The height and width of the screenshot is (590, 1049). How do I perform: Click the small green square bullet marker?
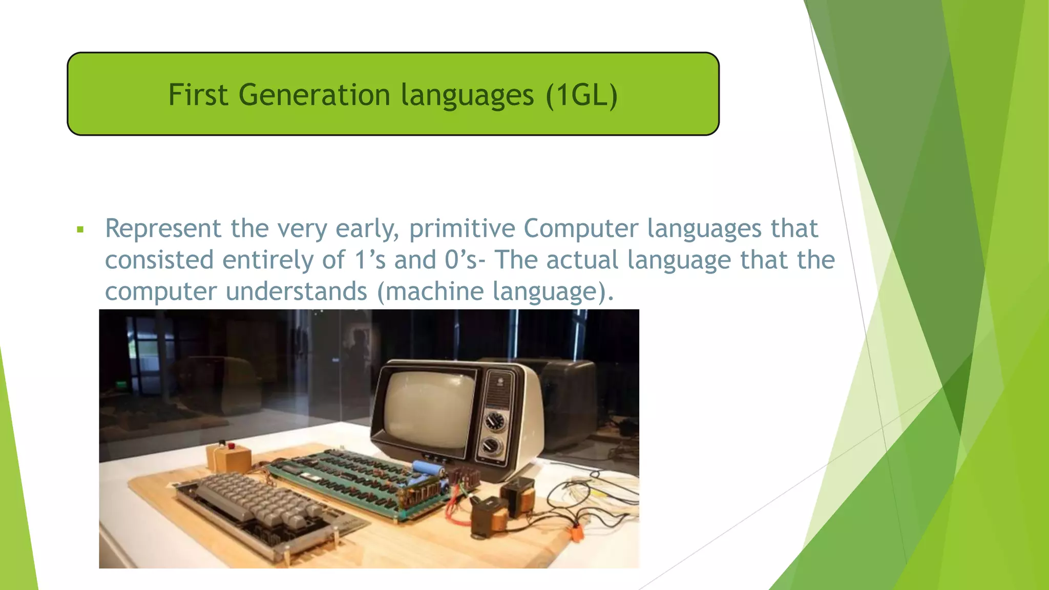coord(80,229)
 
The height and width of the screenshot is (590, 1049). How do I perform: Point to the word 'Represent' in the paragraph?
coord(163,228)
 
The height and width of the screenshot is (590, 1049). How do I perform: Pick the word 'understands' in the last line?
coord(296,291)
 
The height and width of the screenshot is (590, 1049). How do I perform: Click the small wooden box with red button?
coord(228,456)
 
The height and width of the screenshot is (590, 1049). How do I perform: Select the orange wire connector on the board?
coord(578,533)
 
